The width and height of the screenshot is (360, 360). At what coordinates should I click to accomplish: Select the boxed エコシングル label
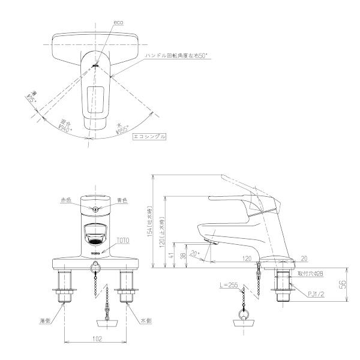point(148,136)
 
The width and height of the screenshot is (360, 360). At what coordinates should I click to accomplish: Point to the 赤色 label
point(66,200)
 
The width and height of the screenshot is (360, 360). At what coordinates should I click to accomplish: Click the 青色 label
point(121,200)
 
